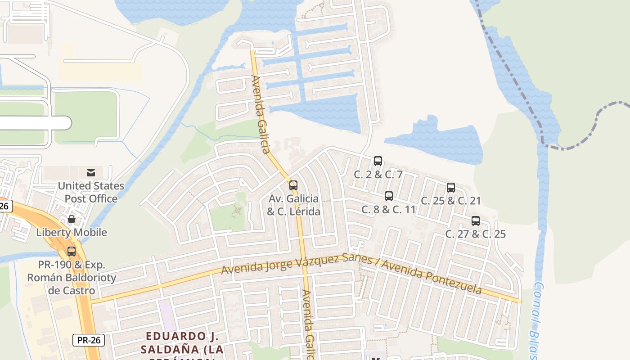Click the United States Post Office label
click(x=91, y=192)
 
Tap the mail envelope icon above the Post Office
click(x=91, y=173)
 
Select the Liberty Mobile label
click(x=72, y=232)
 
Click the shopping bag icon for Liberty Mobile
click(x=72, y=220)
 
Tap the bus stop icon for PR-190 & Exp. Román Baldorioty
click(x=72, y=252)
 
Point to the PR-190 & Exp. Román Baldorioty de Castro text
click(x=72, y=277)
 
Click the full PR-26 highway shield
click(x=89, y=340)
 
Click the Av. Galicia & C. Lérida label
click(x=293, y=205)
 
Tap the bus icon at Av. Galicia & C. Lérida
click(x=293, y=185)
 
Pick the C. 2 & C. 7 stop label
click(x=378, y=175)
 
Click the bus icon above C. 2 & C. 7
click(x=378, y=161)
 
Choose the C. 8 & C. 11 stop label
click(x=389, y=209)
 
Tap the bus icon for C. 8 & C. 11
click(x=389, y=196)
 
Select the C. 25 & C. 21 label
click(x=451, y=201)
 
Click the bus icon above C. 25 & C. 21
click(x=451, y=188)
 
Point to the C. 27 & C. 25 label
click(x=476, y=234)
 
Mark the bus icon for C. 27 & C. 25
click(x=476, y=221)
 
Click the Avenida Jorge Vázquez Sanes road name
click(x=297, y=264)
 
